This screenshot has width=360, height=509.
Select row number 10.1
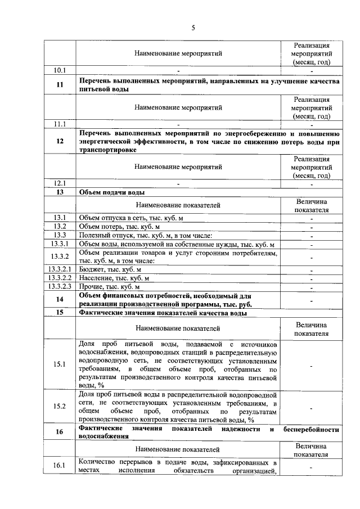pos(60,70)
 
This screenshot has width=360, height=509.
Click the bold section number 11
pos(60,85)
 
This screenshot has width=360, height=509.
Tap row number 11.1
pos(60,124)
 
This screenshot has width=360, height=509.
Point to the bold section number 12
pos(60,142)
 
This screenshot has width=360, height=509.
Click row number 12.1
pos(60,183)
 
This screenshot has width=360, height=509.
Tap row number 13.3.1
pos(60,244)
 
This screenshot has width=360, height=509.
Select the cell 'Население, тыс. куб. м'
pos(114,278)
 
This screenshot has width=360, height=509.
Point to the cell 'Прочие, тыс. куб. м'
pos(109,286)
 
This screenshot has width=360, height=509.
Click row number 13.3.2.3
pos(60,286)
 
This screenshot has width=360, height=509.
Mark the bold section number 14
pos(60,300)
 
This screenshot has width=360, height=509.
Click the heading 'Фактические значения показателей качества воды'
pos(163,313)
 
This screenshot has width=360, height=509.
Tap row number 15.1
pos(60,364)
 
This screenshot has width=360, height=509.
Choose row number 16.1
pos(60,466)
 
